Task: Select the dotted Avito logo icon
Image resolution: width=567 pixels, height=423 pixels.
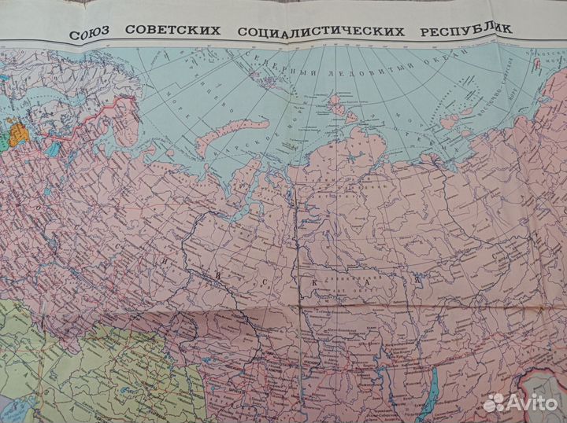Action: point(493,403)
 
